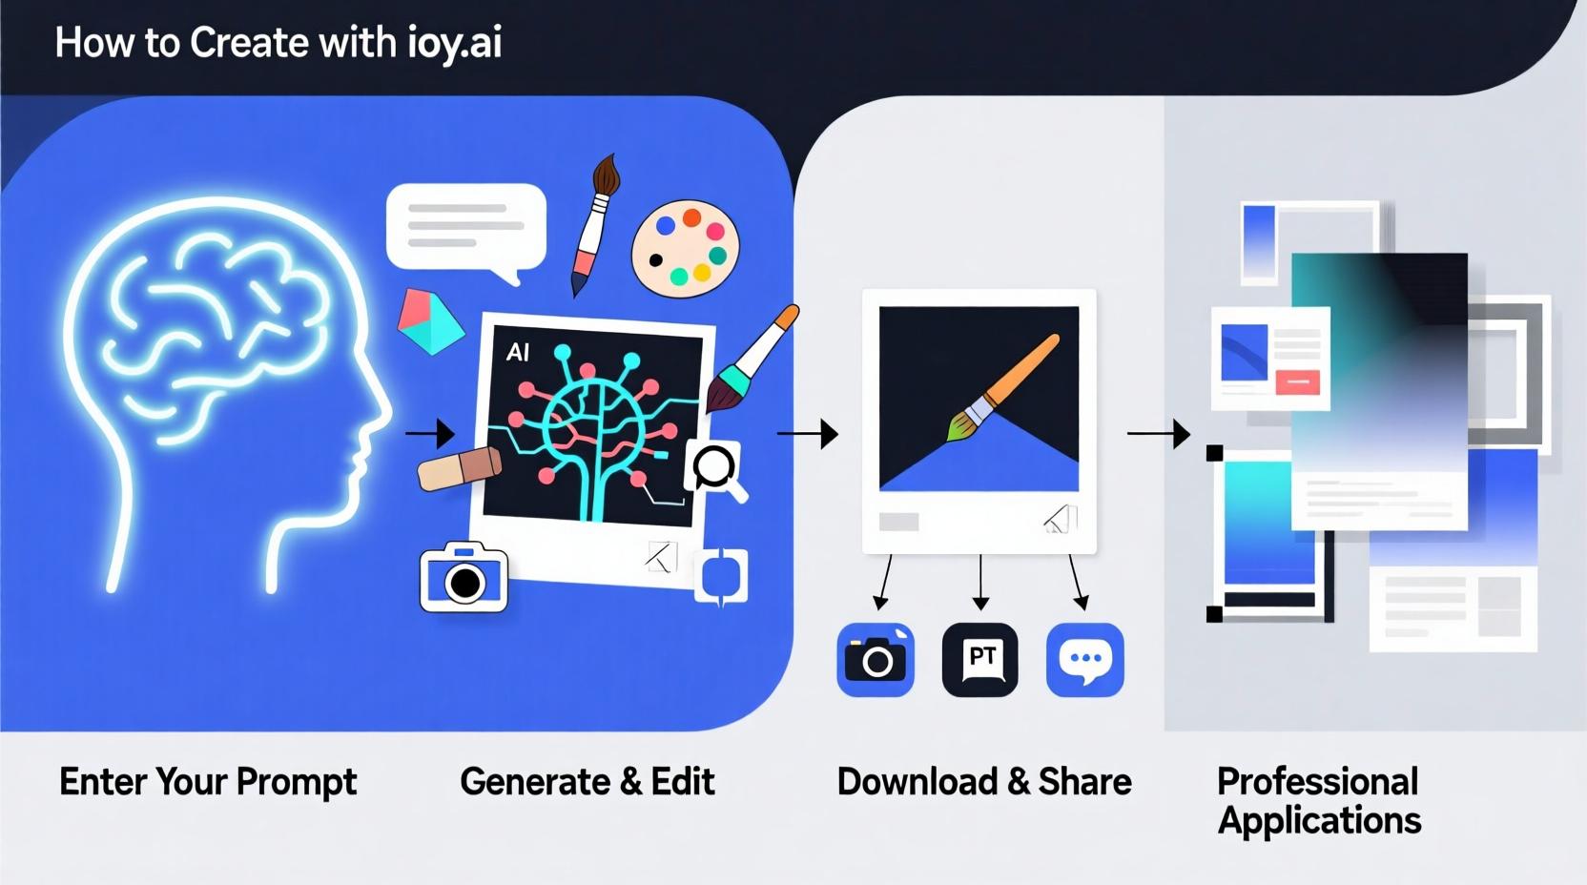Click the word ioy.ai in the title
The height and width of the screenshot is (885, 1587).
point(453,44)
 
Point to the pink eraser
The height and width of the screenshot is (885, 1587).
point(460,468)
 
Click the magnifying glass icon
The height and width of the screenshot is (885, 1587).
point(714,468)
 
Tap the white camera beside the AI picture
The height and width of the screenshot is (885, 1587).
point(464,577)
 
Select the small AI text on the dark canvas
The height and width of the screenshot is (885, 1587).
point(518,353)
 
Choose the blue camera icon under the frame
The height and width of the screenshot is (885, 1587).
point(876,660)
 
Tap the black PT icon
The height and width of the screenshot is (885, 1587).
point(980,660)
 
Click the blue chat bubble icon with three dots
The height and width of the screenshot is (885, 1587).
point(1085,660)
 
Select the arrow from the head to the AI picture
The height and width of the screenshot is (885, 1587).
point(430,434)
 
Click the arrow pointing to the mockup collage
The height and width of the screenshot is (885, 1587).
point(1159,434)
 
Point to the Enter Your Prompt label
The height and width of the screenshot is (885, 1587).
point(208,782)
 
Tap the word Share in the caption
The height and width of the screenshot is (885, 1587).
point(1084,782)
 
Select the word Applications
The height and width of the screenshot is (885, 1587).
point(1319,821)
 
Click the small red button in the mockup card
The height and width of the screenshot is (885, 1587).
point(1297,382)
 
